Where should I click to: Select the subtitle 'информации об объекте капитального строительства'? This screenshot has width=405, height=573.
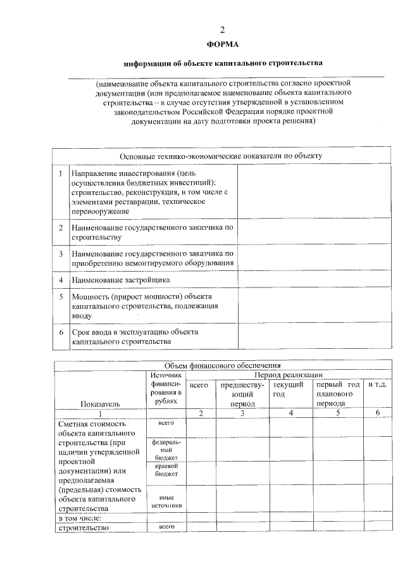point(223,63)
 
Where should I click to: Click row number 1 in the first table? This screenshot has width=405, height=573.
point(60,173)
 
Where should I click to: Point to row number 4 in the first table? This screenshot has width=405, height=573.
point(60,279)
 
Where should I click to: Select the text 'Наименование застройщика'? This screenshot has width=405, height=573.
point(120,279)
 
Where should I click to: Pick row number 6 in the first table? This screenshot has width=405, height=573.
point(60,332)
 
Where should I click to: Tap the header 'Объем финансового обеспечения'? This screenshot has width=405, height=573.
point(222,365)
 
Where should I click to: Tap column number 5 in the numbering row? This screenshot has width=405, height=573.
point(338,413)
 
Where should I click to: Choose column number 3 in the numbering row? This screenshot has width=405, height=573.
point(242,413)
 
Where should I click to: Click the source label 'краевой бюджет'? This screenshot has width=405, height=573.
point(166,470)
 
